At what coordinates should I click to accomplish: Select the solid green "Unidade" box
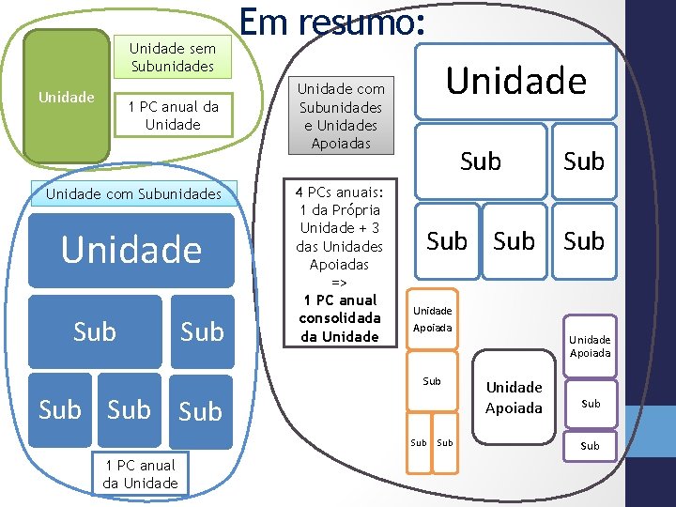66,97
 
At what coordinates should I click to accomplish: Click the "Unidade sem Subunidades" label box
173,57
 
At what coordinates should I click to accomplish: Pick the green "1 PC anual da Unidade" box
173,115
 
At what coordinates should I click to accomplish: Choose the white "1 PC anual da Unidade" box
140,474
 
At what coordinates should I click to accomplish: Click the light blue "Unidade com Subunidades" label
134,194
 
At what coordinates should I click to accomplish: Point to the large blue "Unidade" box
131,250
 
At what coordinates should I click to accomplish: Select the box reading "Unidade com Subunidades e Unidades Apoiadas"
341,115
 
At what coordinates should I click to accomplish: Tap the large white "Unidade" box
515,82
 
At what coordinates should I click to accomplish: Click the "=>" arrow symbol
339,283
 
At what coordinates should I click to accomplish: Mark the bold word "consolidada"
339,318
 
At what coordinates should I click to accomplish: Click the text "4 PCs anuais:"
339,191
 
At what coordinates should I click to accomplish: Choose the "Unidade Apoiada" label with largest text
514,397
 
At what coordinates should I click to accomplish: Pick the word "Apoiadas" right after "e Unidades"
341,143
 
